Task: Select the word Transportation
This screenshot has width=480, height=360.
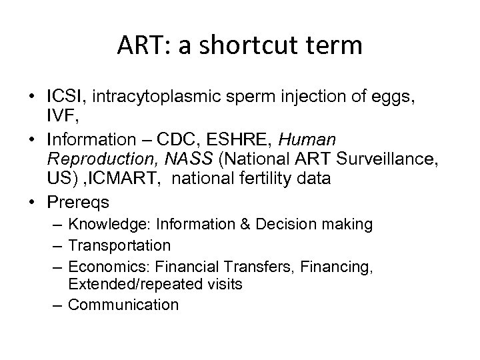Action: [120, 245]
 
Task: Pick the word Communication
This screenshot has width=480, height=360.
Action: [123, 305]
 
